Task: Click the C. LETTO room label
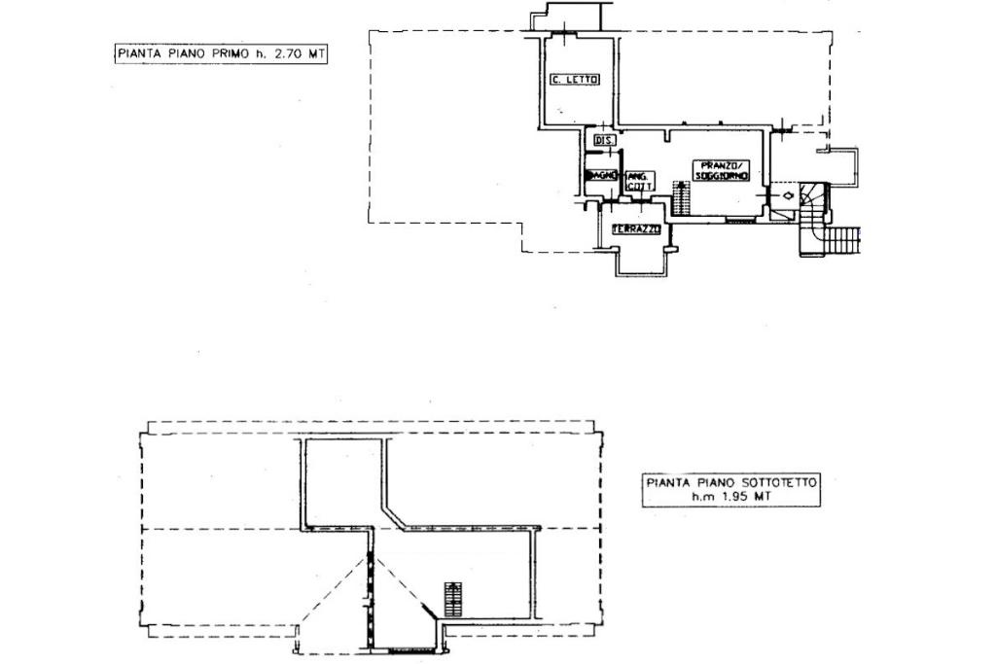[x=574, y=80]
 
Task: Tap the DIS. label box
[x=603, y=141]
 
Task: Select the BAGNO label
[x=601, y=175]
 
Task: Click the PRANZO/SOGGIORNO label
[x=721, y=170]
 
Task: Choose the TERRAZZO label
[x=636, y=229]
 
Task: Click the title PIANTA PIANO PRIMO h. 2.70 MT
[x=219, y=55]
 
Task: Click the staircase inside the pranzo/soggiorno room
[x=681, y=197]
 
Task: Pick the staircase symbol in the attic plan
[x=450, y=598]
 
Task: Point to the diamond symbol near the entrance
[x=786, y=195]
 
